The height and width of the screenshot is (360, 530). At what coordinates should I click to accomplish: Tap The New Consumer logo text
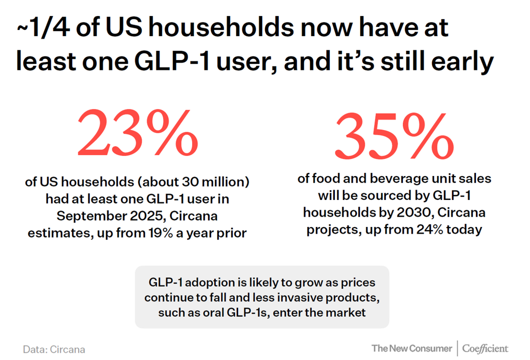point(411,348)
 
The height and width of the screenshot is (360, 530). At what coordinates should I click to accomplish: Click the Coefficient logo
point(485,348)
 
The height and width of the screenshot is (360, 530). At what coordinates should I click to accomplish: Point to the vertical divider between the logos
point(457,348)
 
